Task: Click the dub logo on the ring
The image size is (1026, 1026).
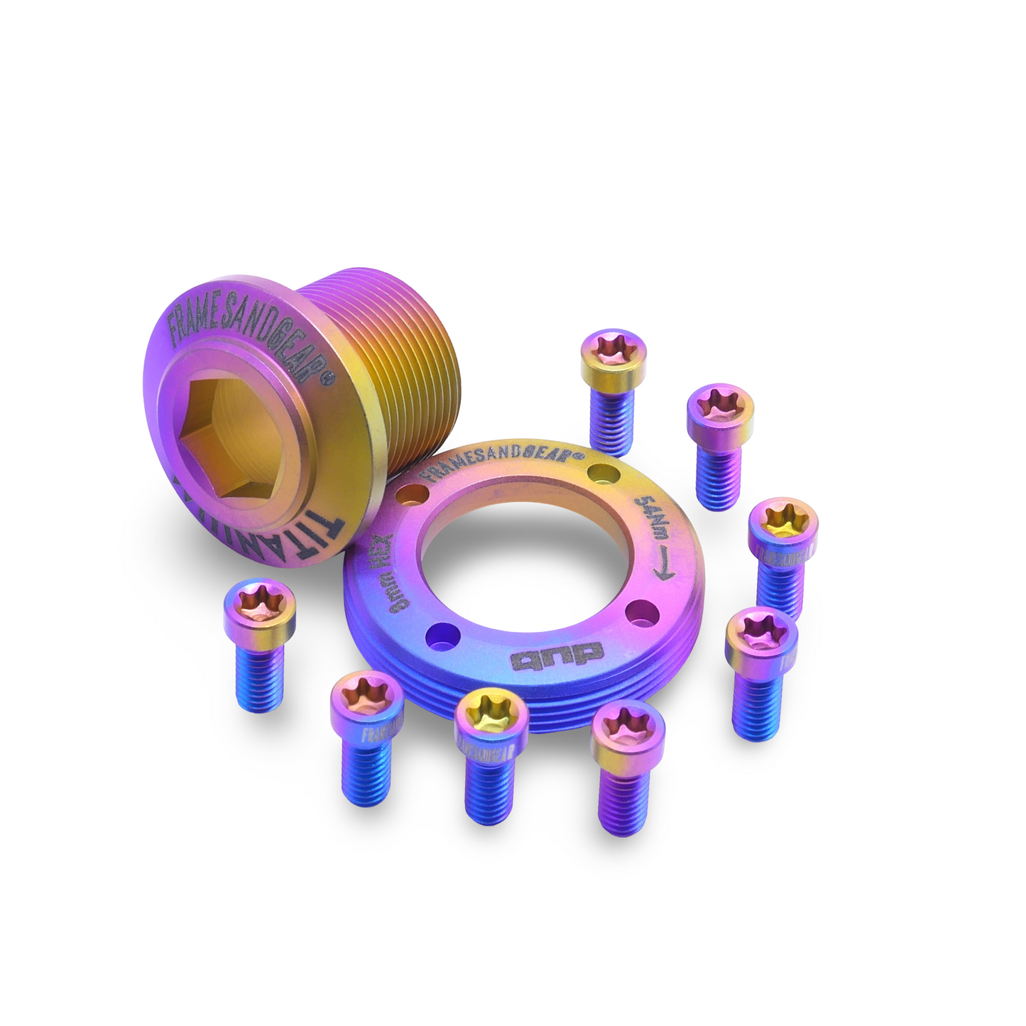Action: point(557,653)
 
